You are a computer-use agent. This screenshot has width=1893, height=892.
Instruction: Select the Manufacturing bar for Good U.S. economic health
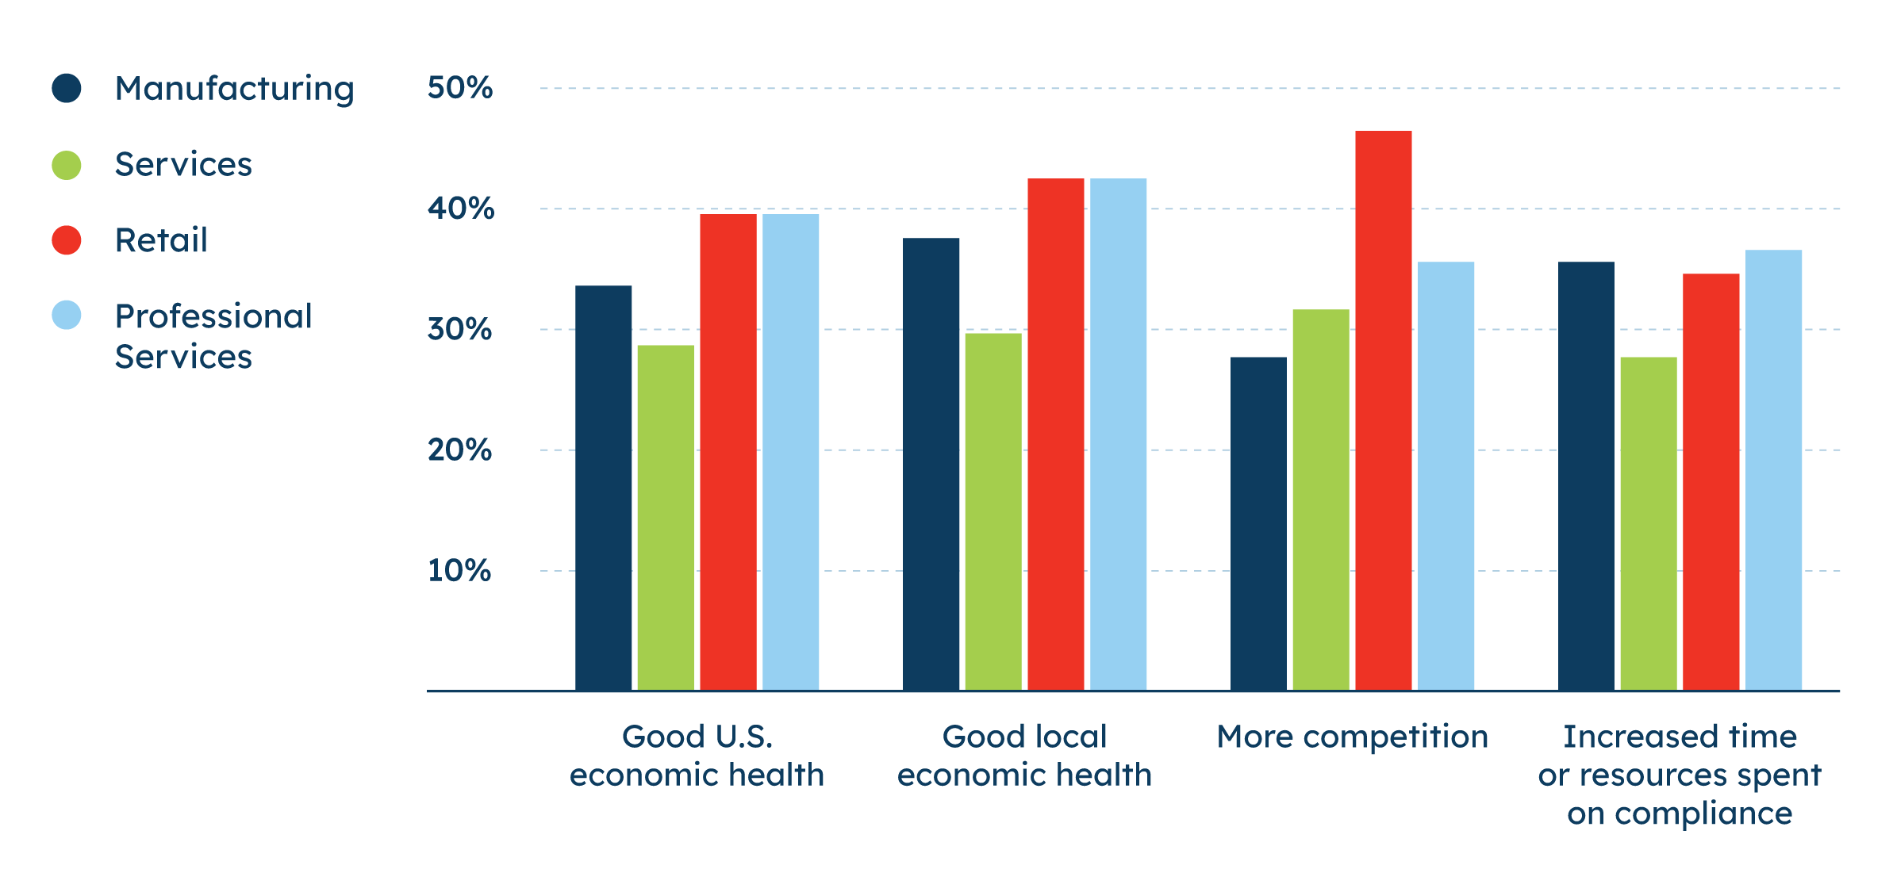point(604,488)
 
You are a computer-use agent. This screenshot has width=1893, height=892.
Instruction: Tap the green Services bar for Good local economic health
point(993,511)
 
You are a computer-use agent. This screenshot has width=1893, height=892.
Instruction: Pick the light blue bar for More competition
point(1446,476)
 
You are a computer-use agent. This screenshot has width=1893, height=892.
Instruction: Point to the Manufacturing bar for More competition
point(1259,523)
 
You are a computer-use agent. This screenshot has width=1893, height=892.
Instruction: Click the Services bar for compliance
point(1649,523)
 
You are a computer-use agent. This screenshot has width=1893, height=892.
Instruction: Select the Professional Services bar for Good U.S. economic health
point(791,452)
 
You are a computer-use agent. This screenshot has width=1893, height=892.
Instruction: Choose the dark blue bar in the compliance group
point(1586,476)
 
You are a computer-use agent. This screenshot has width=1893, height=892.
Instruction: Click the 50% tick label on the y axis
point(460,87)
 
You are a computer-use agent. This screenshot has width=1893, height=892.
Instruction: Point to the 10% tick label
point(460,571)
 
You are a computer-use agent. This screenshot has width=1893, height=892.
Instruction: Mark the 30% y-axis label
point(460,329)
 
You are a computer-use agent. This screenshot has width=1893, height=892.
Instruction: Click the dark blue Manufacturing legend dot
point(67,88)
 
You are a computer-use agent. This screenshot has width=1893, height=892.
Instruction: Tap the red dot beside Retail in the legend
point(67,240)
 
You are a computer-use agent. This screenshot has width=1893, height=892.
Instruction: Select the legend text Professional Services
point(213,336)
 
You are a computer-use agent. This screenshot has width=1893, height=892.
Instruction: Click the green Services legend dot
point(67,165)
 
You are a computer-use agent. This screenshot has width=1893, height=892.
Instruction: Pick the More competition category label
point(1353,737)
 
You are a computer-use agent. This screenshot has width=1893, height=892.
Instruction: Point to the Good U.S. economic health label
point(697,756)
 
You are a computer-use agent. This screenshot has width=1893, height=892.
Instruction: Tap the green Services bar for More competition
point(1321,500)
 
